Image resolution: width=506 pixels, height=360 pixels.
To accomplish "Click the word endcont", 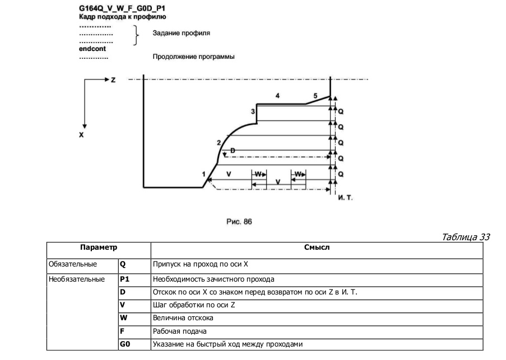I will click(92, 49).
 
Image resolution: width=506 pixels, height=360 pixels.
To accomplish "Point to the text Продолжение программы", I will click(193, 57).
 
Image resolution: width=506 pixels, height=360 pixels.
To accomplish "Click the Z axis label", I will click(113, 80).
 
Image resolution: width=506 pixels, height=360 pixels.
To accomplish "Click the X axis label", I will click(81, 135).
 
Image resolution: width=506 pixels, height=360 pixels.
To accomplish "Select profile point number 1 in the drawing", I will click(203, 174).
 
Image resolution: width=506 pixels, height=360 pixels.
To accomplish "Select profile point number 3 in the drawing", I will click(253, 112).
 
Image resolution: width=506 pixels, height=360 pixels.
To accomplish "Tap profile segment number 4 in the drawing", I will click(277, 96).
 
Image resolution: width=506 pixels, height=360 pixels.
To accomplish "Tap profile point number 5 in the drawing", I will click(315, 96).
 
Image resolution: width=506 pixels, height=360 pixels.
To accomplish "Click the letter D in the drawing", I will click(233, 150).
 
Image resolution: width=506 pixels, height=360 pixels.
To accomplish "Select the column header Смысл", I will click(317, 247).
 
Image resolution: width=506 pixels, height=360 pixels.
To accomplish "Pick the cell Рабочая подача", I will click(177, 331).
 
